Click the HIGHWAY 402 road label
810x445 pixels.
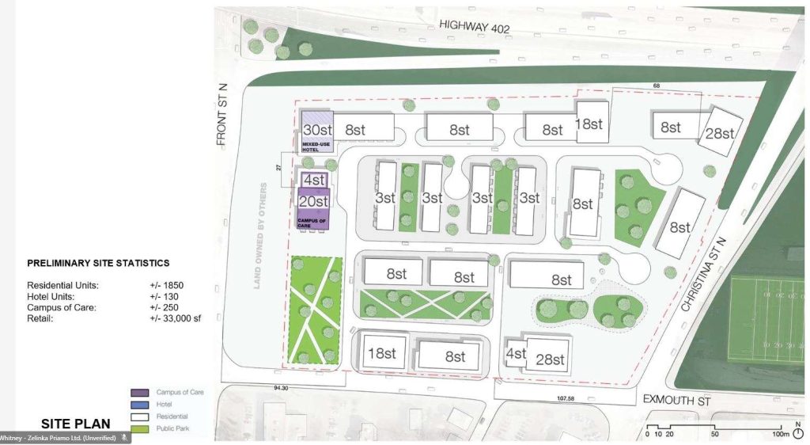tap(475, 28)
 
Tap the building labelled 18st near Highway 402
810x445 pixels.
tap(589, 124)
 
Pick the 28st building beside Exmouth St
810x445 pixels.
tap(547, 359)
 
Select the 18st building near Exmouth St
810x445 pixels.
tap(381, 352)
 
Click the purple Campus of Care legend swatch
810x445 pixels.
tap(140, 393)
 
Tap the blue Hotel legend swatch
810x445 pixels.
tap(140, 405)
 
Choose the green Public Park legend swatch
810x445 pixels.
tap(140, 429)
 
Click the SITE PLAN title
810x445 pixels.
tap(76, 424)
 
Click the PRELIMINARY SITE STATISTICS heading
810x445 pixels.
tap(98, 263)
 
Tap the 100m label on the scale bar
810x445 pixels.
tap(780, 434)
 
